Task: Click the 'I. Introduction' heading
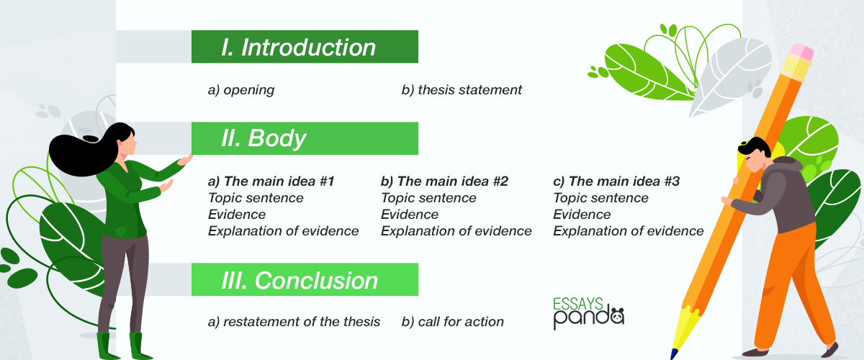299,47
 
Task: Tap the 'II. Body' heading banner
305,138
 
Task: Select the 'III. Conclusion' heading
300,280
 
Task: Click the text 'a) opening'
241,90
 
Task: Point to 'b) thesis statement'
462,90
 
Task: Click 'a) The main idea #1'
271,181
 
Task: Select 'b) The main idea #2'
444,181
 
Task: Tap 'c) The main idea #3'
616,181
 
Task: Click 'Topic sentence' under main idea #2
428,198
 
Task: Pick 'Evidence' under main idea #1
237,215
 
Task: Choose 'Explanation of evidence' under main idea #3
629,230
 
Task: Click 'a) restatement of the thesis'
294,321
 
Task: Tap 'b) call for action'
452,321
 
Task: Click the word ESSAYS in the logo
577,304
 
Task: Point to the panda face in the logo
618,316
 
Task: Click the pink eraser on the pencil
801,52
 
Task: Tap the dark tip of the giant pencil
673,354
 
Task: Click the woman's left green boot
105,346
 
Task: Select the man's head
754,154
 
